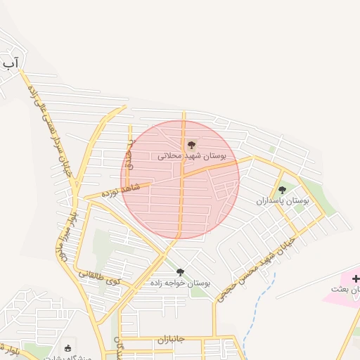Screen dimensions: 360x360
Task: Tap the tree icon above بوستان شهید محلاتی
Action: pos(192,145)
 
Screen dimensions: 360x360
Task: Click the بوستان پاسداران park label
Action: pos(283,200)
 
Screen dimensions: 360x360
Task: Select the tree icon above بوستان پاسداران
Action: pos(282,190)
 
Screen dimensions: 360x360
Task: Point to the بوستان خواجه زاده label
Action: pos(180,282)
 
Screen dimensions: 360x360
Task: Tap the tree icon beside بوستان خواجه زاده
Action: pos(180,271)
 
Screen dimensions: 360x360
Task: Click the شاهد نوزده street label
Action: pos(121,190)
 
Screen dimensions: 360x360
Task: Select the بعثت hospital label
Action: pos(345,289)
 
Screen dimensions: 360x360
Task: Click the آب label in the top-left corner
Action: pos(10,65)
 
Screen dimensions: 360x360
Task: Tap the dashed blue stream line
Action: pos(254,302)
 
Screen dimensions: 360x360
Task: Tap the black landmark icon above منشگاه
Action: pos(67,347)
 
